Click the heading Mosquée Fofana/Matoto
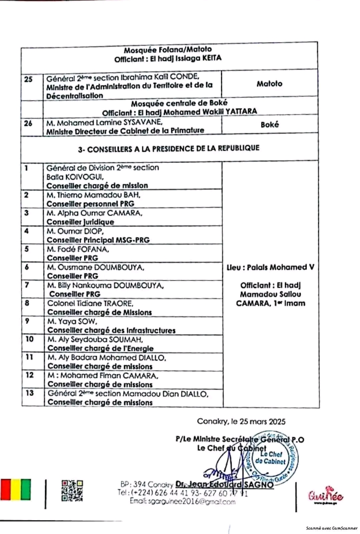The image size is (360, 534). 168,50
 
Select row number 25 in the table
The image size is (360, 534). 28,79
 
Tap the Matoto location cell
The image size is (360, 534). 269,83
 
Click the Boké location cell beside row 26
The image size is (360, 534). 270,125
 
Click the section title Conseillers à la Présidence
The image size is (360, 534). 168,149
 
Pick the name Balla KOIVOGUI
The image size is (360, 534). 75,177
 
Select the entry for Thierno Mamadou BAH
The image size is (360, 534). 94,195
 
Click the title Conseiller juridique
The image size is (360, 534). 80,222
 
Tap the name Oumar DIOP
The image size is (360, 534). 75,231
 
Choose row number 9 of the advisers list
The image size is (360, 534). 27,321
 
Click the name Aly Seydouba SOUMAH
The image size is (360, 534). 95,339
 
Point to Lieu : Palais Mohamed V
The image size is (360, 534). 270,267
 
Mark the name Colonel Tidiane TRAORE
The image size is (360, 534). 90,303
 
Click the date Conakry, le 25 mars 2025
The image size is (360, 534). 241,422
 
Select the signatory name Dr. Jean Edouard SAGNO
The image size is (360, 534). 225,484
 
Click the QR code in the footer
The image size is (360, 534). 72,490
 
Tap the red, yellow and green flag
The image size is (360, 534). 16,490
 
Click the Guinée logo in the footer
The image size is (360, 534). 325,494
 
